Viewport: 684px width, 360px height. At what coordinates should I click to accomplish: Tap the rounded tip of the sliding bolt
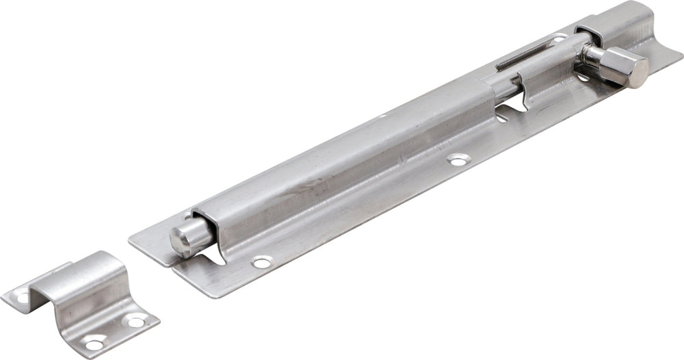(182, 237)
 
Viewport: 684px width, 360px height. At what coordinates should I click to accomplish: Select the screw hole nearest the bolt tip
(261, 261)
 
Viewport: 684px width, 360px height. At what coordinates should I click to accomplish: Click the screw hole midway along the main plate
(456, 160)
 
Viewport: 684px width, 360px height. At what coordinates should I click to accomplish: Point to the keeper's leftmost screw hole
(21, 298)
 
